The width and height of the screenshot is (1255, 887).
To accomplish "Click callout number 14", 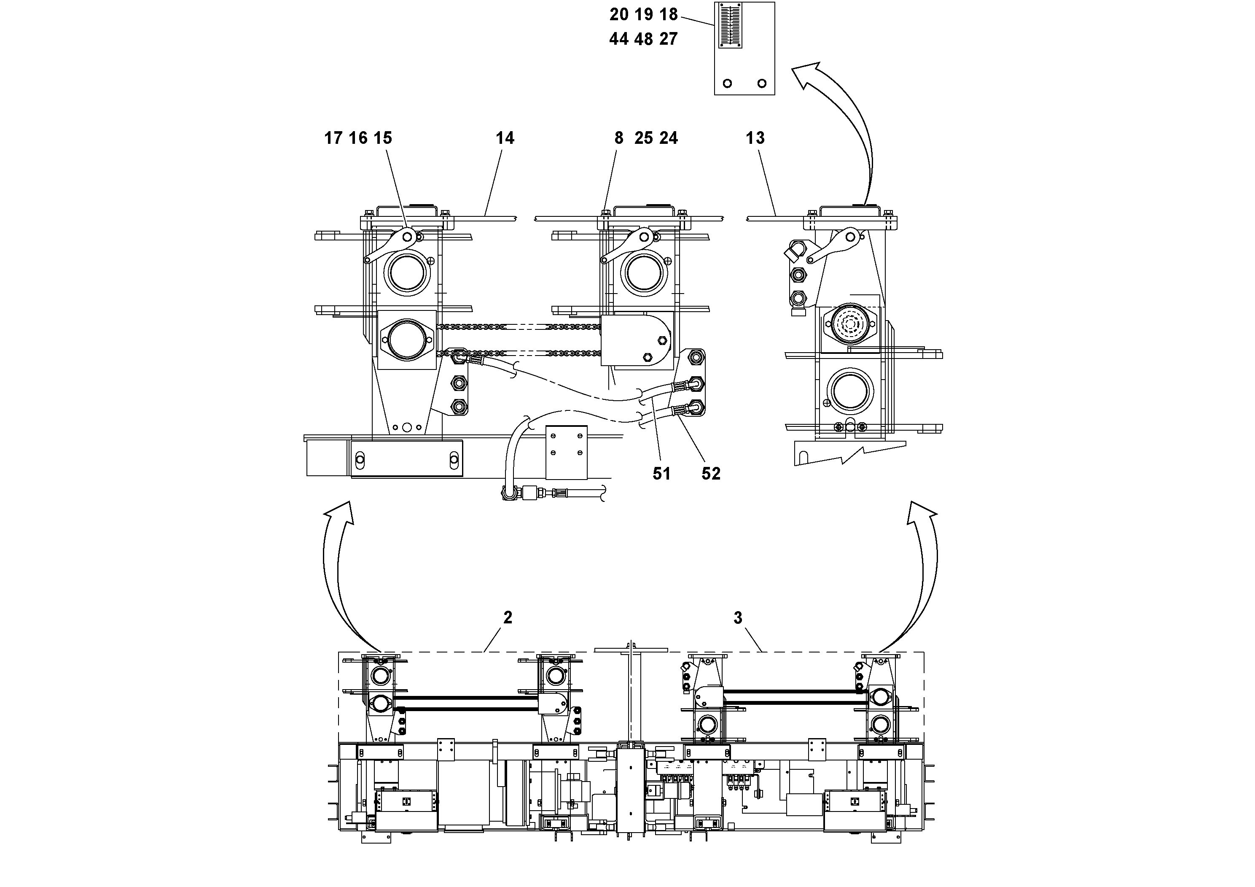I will [505, 138].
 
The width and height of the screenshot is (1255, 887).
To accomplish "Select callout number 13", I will [755, 138].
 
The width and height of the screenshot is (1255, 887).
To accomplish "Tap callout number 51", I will [661, 474].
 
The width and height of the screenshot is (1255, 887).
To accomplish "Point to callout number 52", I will [711, 474].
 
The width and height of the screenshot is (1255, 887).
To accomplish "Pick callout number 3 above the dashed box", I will [737, 618].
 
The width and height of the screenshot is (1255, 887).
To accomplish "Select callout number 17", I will [333, 138].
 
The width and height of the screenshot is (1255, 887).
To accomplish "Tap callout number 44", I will [619, 39].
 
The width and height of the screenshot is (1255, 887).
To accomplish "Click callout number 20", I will [619, 14].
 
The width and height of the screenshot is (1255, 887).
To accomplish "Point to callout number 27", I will [668, 39].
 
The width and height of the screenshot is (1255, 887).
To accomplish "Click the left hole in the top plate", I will [727, 83].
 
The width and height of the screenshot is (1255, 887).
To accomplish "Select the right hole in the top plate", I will [761, 83].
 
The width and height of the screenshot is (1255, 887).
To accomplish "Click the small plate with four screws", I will [566, 452].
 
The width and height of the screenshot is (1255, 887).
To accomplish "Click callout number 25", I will [643, 138].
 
